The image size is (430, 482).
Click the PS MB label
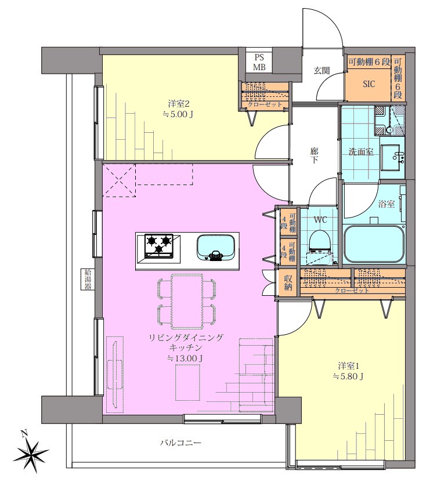point(259,62)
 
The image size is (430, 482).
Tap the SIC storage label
point(369,84)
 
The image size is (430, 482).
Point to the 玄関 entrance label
point(321,71)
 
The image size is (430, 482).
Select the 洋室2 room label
point(179,103)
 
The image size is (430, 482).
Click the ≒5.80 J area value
point(349,376)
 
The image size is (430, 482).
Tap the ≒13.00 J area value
point(185,358)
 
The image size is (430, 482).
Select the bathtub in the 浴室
point(373,244)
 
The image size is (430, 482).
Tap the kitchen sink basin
point(216,248)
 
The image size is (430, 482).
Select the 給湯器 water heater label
point(88,280)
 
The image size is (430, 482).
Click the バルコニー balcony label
point(180,443)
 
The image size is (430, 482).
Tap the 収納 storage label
point(288,283)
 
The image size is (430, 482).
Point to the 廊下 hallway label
point(314,155)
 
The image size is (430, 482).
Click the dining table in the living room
point(187,302)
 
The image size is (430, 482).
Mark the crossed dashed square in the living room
point(119,180)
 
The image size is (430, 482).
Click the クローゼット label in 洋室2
point(265,104)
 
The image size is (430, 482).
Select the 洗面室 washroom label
point(361,151)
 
